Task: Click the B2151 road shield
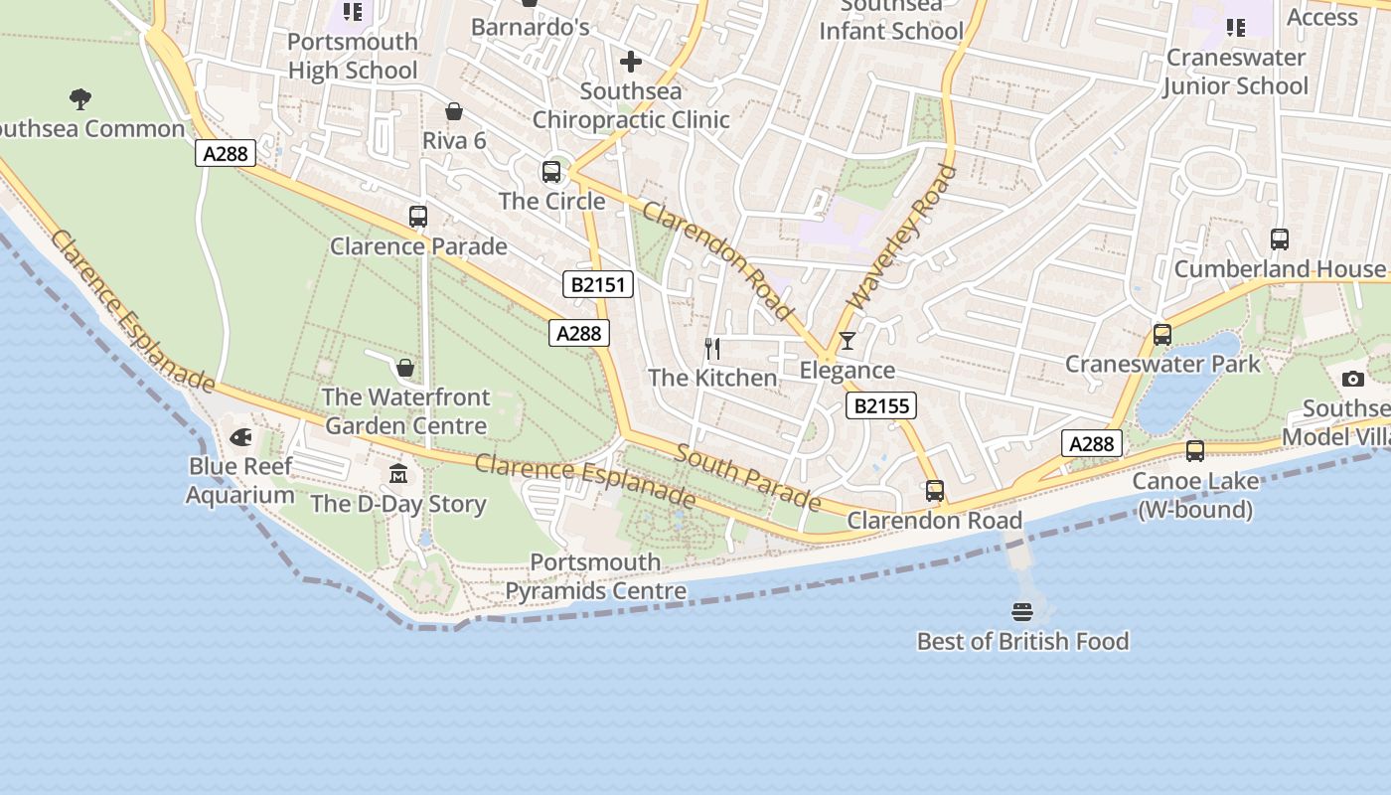click(x=598, y=285)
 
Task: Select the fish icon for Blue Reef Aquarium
click(x=240, y=437)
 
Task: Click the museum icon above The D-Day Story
click(x=398, y=474)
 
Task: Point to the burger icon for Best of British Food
click(x=1022, y=611)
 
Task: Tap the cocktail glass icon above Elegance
click(x=847, y=341)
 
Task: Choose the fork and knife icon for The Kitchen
click(x=712, y=348)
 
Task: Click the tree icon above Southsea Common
click(x=80, y=98)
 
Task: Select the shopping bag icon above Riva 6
click(x=454, y=111)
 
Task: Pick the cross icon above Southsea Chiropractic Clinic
click(x=630, y=63)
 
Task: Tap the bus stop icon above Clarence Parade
click(x=418, y=217)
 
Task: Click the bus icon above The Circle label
click(x=551, y=172)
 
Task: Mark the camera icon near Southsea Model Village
click(x=1352, y=379)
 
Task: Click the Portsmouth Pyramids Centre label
click(x=595, y=576)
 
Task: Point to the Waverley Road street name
click(x=900, y=236)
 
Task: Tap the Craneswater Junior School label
click(x=1235, y=72)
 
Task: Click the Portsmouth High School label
click(x=353, y=56)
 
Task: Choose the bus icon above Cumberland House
click(x=1280, y=239)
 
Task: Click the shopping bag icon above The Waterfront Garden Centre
click(x=405, y=369)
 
